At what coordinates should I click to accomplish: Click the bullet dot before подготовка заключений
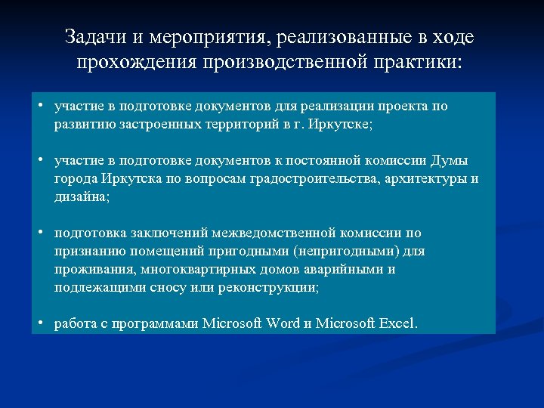point(45,233)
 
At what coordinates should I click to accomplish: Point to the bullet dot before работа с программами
point(45,323)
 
